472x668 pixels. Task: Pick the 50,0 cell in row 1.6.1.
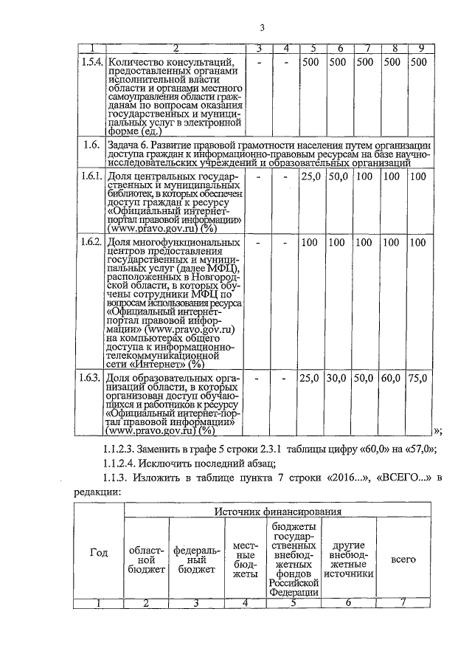pyautogui.click(x=338, y=177)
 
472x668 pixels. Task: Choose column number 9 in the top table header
pyautogui.click(x=419, y=49)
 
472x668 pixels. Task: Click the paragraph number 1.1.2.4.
pyautogui.click(x=125, y=464)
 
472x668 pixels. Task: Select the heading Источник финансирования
pyautogui.click(x=278, y=512)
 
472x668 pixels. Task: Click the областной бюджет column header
pyautogui.click(x=146, y=559)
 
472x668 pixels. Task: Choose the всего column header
pyautogui.click(x=403, y=559)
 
